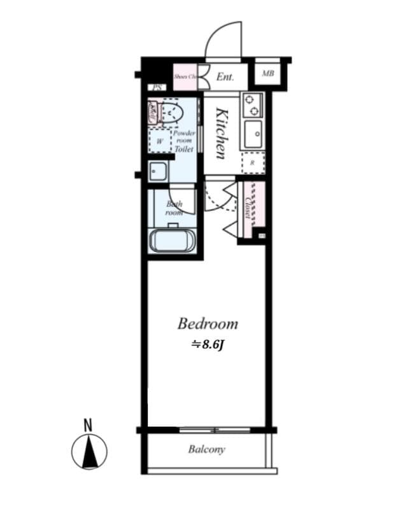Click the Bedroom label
click(208, 324)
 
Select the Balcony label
click(206, 450)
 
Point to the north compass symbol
click(88, 453)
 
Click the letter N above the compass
click(88, 425)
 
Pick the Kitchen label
click(221, 134)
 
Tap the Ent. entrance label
click(224, 77)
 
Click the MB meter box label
click(268, 73)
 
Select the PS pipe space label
click(157, 88)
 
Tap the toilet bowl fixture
click(171, 113)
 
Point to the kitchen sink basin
click(253, 134)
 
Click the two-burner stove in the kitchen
click(252, 102)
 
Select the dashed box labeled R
click(252, 163)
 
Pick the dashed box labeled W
click(160, 141)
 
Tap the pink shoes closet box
click(185, 76)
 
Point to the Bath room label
click(174, 208)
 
